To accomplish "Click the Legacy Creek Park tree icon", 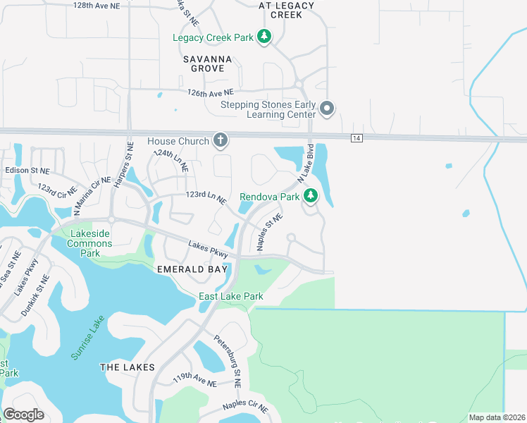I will [264, 36].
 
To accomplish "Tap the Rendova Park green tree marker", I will [310, 197].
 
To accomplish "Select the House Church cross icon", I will [221, 140].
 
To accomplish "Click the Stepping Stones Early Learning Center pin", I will [327, 109].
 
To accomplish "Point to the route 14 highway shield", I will [357, 139].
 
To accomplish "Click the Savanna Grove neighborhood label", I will [204, 63].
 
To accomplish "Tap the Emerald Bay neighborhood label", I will [192, 269].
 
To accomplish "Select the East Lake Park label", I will [230, 297].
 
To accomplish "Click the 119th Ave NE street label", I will [195, 380].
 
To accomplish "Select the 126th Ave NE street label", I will [210, 92].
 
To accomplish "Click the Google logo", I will [24, 415].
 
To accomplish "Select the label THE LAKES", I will [123, 367].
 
